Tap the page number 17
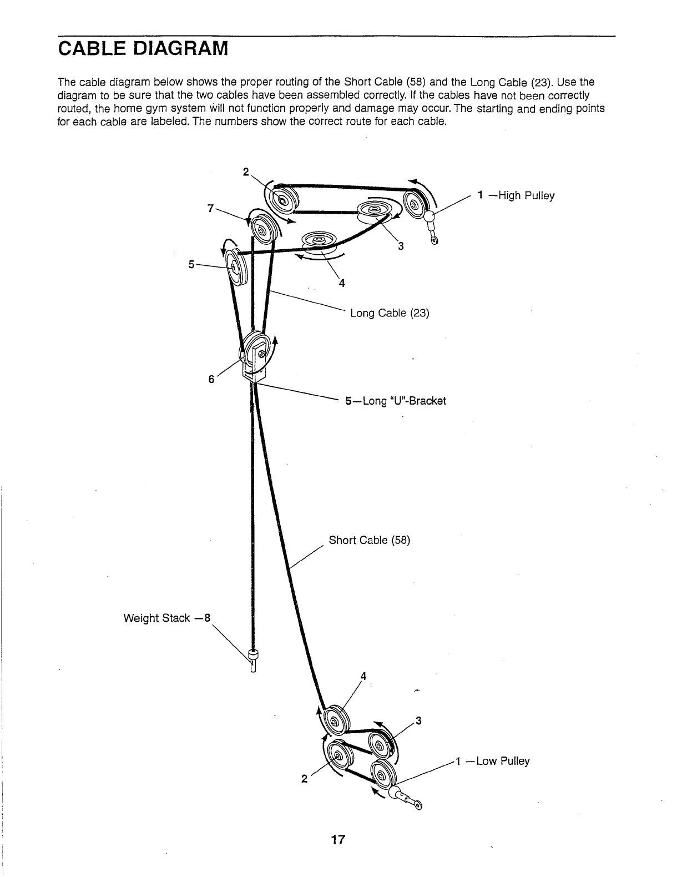(x=338, y=840)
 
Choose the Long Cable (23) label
(x=390, y=313)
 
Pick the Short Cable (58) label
(x=369, y=540)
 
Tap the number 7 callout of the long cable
(x=210, y=208)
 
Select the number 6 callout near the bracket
(x=211, y=380)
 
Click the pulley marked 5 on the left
(x=235, y=270)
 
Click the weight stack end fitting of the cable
(x=254, y=657)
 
